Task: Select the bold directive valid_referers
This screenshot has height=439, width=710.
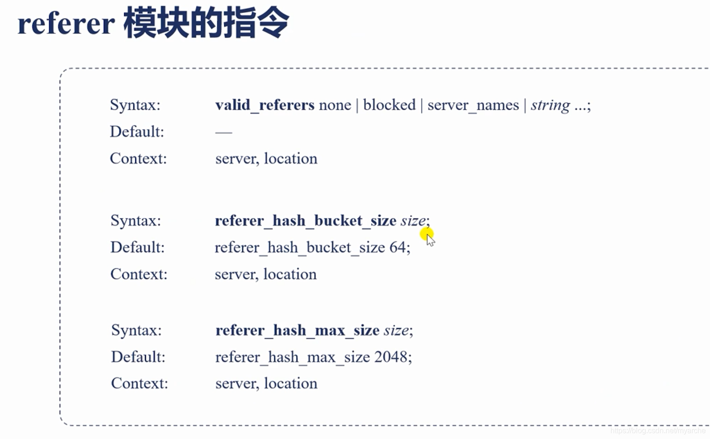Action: [x=264, y=105]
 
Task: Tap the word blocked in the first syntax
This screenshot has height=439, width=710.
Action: [x=389, y=105]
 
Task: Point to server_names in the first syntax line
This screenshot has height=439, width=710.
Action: [x=473, y=105]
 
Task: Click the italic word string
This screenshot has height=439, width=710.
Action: [x=550, y=105]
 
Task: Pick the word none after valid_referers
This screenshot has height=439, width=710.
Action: [x=335, y=105]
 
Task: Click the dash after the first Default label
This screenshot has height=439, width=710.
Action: [x=223, y=132]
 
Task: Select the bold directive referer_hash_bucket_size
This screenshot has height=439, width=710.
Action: [x=305, y=221]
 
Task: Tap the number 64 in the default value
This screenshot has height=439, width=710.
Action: [x=397, y=247]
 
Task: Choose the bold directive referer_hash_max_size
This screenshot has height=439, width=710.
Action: [x=297, y=330]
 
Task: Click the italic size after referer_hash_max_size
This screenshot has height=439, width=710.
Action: [x=396, y=330]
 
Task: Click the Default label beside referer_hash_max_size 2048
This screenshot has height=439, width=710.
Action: [x=138, y=357]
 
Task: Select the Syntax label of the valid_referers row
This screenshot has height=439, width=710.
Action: [x=135, y=105]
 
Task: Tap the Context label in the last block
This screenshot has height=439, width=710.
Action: [x=139, y=383]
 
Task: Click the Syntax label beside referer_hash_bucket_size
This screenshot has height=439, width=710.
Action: [x=135, y=221]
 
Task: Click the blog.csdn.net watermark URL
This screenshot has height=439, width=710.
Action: [x=658, y=431]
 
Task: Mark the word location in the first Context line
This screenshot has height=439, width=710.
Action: [x=290, y=159]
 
